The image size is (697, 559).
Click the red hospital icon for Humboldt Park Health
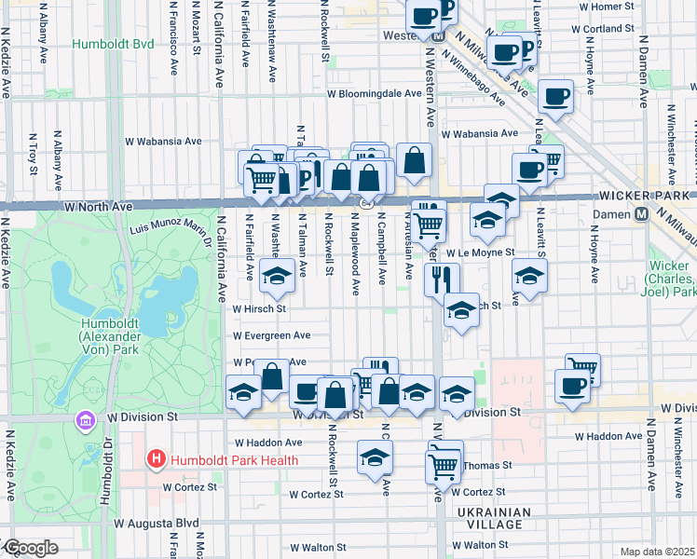(156, 459)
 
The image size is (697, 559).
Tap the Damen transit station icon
(641, 214)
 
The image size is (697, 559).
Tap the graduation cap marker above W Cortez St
(376, 457)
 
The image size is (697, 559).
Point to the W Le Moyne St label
(480, 252)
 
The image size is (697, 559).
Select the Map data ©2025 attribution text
(658, 552)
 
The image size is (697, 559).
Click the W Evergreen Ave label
(271, 335)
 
